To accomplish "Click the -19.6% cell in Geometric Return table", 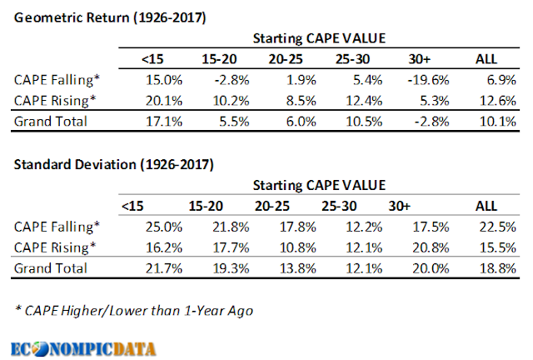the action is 428,80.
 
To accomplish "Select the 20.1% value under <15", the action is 164,101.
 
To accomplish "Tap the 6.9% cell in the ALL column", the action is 501,80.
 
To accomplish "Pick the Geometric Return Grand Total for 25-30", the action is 364,122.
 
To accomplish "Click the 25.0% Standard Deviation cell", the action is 164,227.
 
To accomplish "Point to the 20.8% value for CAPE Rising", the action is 431,247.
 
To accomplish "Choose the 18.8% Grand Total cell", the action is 498,268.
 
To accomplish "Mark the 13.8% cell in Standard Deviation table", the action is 298,268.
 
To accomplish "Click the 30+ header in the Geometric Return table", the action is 420,59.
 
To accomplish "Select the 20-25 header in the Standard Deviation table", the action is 272,206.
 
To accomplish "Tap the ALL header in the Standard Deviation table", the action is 486,206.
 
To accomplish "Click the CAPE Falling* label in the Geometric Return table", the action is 57,80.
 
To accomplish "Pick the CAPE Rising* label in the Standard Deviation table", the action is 55,247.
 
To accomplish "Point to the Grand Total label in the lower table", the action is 51,268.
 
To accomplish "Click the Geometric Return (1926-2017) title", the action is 110,17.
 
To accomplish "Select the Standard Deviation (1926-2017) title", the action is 114,165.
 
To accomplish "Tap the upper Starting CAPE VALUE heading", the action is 319,38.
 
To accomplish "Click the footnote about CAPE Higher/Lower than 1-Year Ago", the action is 134,311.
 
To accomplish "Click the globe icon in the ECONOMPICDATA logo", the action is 41,349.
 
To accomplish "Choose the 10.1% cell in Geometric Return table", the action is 498,122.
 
